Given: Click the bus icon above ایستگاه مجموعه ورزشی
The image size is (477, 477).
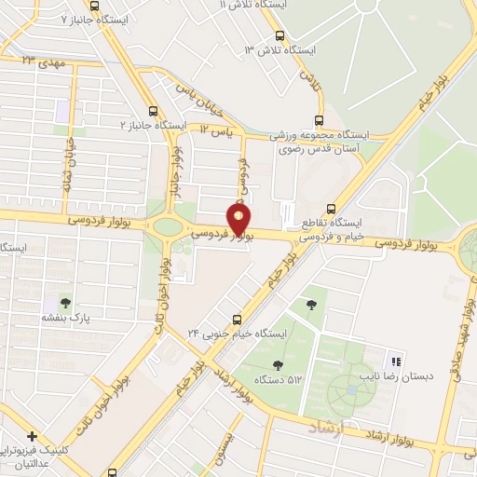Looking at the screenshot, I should (x=320, y=120).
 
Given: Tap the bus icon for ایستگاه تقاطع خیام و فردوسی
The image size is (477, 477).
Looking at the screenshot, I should (x=331, y=210).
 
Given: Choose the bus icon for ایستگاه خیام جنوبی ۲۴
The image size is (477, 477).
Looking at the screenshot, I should (x=237, y=319).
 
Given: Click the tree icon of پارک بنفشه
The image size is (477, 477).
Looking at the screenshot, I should (x=64, y=302).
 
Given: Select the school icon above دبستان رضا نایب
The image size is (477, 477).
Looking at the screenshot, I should (x=396, y=361).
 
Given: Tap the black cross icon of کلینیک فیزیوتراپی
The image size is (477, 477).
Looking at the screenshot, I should (x=32, y=436).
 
